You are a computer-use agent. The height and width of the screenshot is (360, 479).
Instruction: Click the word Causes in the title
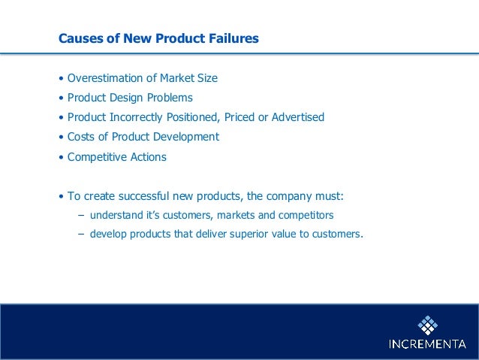pyautogui.click(x=80, y=38)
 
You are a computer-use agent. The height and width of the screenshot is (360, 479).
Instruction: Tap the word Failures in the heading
pyautogui.click(x=232, y=38)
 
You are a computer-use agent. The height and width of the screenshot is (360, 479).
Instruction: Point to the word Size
pyautogui.click(x=206, y=78)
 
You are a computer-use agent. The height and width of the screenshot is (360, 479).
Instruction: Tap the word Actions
pyautogui.click(x=149, y=157)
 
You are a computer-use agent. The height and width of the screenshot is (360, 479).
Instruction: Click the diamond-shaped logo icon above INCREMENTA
pyautogui.click(x=428, y=324)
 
